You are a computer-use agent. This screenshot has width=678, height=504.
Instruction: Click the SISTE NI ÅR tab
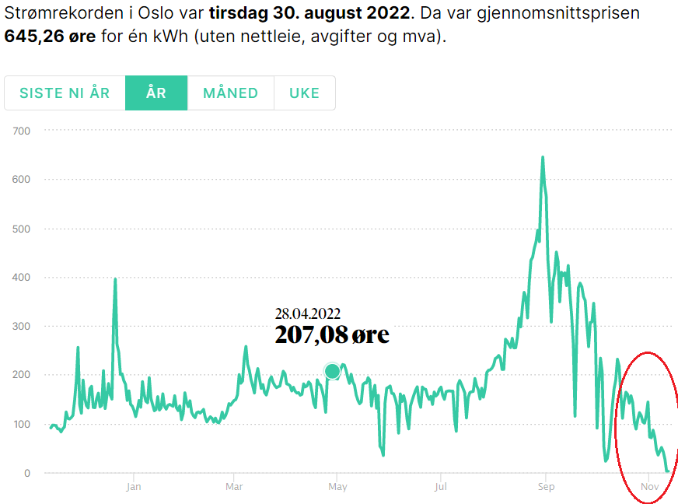tap(65, 93)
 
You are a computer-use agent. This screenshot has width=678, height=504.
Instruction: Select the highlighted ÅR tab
tap(156, 93)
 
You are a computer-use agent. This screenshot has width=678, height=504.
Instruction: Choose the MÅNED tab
tap(230, 93)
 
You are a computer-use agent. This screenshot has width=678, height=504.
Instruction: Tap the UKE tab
tap(304, 93)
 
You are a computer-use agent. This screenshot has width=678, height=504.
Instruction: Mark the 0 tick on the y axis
tap(26, 473)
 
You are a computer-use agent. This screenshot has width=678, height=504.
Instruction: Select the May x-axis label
tap(337, 488)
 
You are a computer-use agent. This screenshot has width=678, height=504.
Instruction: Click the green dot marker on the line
tap(333, 371)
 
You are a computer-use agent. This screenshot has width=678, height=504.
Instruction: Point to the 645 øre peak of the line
tap(543, 157)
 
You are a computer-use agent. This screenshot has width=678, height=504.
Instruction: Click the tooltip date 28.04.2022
tap(308, 314)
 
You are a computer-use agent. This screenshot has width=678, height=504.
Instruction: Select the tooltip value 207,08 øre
tap(332, 336)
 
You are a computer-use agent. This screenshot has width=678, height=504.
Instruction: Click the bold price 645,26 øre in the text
tap(50, 37)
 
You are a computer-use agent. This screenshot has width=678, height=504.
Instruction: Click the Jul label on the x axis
tap(441, 488)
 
